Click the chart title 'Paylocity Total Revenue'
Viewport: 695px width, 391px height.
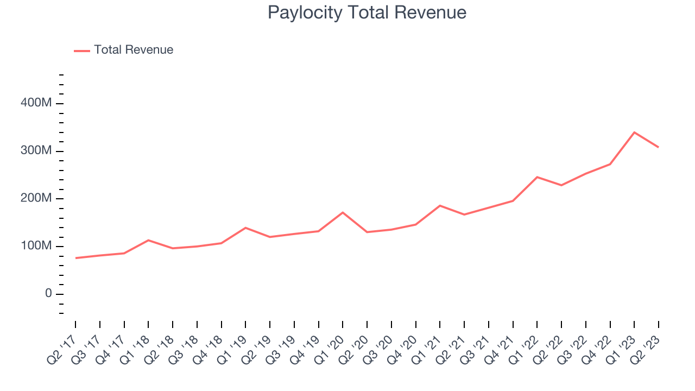[x=367, y=12]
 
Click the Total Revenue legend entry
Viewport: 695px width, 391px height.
[x=133, y=50]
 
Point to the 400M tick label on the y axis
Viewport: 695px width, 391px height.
[x=36, y=103]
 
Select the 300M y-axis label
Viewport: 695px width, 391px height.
[x=36, y=151]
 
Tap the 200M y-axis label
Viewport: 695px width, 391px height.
[x=36, y=199]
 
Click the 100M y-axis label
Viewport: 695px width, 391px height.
[x=36, y=247]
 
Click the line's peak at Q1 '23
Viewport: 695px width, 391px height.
[x=634, y=133]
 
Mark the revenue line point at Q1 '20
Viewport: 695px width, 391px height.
[x=343, y=212]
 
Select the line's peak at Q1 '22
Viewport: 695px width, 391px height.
[x=537, y=177]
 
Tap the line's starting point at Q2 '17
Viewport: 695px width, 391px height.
[x=75, y=258]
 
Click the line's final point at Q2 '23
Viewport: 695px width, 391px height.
[x=659, y=147]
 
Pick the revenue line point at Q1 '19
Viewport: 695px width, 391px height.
[x=245, y=228]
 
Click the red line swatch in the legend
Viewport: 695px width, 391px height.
[x=82, y=51]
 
